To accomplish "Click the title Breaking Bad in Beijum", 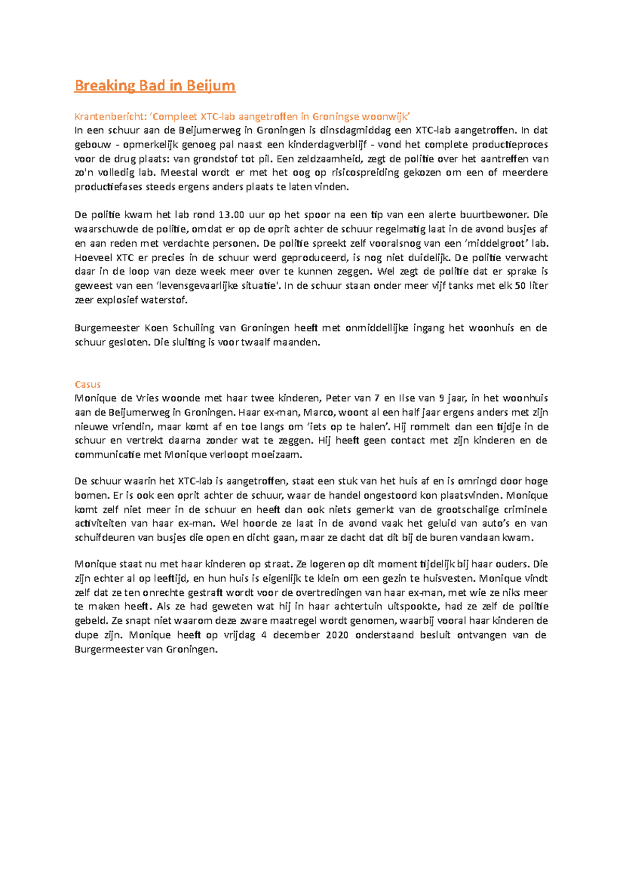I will (155, 85).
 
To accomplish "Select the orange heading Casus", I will (87, 384).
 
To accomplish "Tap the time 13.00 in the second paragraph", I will (231, 215).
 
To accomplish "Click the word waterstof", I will (165, 300).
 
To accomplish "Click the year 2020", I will (337, 635).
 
